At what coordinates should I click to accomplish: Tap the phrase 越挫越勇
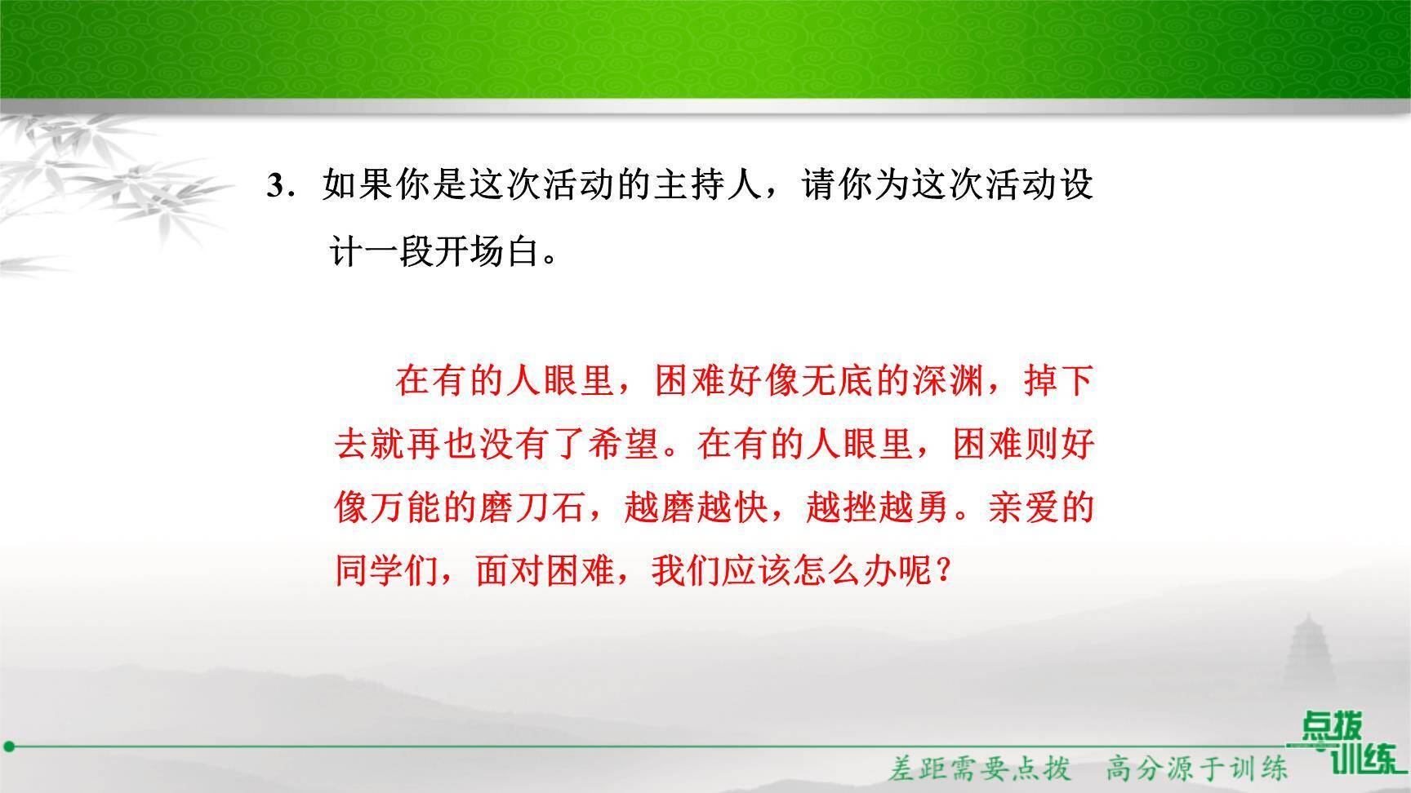pyautogui.click(x=877, y=507)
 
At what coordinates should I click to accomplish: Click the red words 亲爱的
pyautogui.click(x=1040, y=507)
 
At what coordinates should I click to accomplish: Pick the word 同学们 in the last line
pyautogui.click(x=388, y=571)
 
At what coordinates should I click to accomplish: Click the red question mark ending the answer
pyautogui.click(x=944, y=571)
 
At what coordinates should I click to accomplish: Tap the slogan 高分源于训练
pyautogui.click(x=1197, y=768)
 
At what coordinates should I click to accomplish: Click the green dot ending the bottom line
pyautogui.click(x=9, y=746)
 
